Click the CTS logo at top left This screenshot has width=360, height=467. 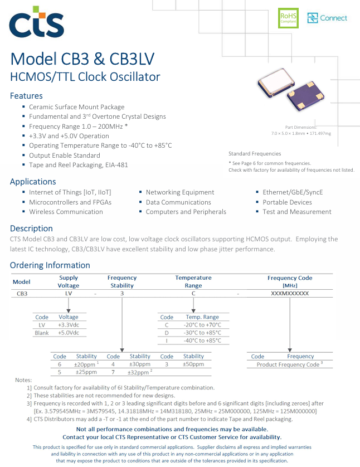coord(37,23)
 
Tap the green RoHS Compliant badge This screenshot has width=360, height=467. coord(288,18)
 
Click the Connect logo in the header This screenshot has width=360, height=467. coord(327,18)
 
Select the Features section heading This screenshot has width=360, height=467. coord(26,95)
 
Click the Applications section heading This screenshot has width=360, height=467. coord(33,181)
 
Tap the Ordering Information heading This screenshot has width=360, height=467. coord(50,265)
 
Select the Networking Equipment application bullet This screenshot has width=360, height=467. coord(180,192)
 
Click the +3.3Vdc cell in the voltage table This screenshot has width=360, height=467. coord(69,324)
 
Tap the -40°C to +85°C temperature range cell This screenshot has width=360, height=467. coord(202,340)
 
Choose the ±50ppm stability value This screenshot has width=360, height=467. coord(193,364)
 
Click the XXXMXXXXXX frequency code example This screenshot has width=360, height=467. coord(290,293)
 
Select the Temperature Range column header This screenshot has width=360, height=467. coord(193,281)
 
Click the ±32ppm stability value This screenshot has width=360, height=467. coord(138,372)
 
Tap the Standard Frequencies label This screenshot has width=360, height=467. coord(255,153)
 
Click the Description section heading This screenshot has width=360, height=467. coord(31,228)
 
